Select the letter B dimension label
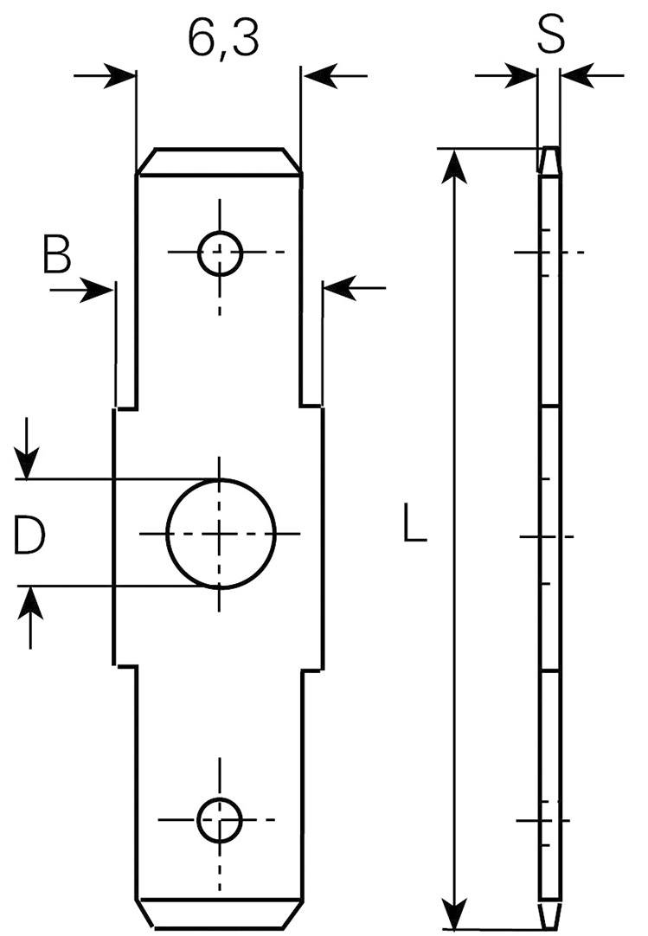tap(57, 256)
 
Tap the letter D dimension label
tap(29, 534)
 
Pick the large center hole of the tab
tap(221, 533)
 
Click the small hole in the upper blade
tap(220, 253)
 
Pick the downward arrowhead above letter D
tap(29, 462)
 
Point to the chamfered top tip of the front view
tap(220, 160)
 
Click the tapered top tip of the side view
tap(549, 159)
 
